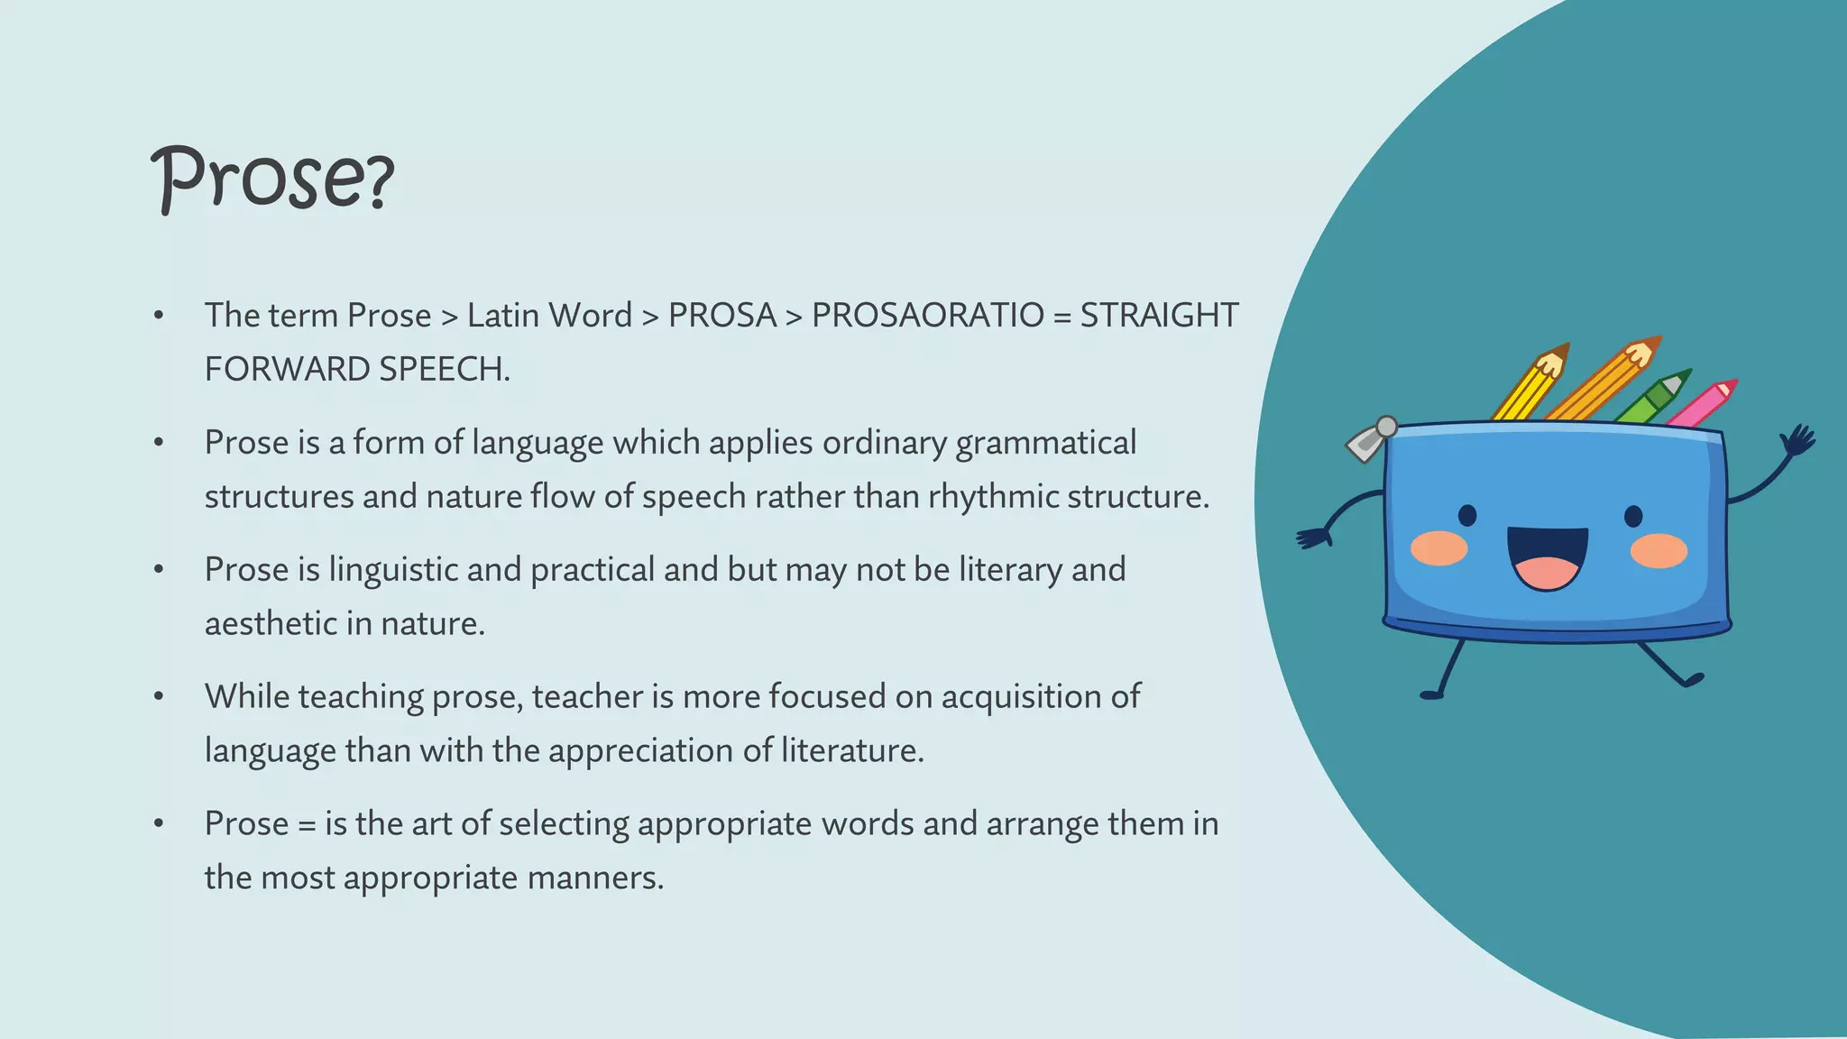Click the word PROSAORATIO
click(x=927, y=316)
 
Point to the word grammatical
click(x=1045, y=444)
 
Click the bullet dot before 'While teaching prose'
click(x=159, y=697)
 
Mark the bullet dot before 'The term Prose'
click(x=159, y=316)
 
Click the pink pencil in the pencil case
click(x=1703, y=404)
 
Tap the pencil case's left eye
click(x=1467, y=516)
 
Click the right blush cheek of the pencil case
click(x=1659, y=550)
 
